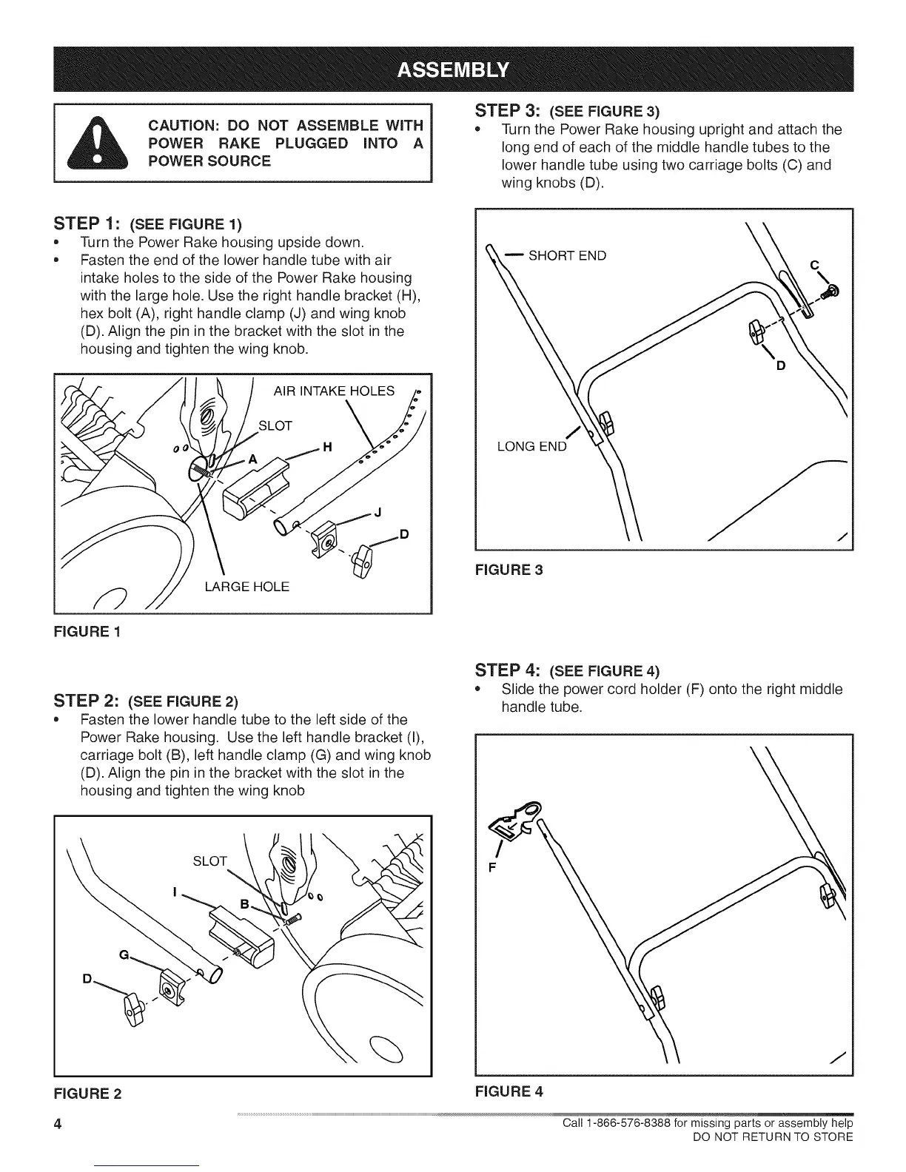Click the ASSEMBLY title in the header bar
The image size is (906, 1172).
(x=453, y=69)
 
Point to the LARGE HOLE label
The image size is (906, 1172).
(x=246, y=587)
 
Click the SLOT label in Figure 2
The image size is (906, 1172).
(x=209, y=861)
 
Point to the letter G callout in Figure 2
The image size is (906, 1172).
(x=124, y=955)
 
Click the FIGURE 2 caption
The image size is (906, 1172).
(x=87, y=1093)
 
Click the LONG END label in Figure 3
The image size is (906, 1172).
(x=531, y=446)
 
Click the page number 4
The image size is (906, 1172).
(x=57, y=1125)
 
